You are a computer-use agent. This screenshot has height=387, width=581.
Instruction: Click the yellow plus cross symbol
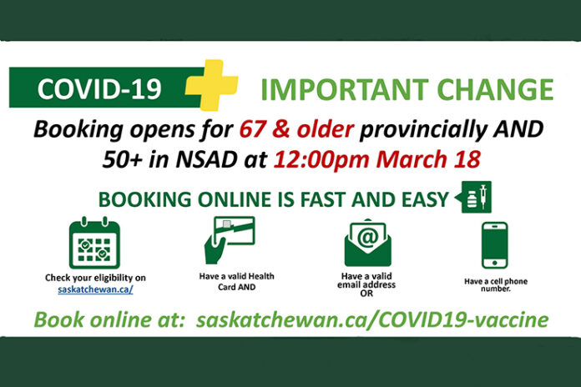click(x=212, y=85)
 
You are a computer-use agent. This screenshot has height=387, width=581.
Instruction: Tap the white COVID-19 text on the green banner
click(x=99, y=89)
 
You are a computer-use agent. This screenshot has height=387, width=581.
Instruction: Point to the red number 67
click(x=253, y=129)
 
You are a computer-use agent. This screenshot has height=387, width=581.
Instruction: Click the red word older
click(x=325, y=129)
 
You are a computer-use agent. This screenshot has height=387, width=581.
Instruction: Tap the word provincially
click(x=422, y=130)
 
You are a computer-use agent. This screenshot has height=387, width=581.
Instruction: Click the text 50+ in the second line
click(x=123, y=159)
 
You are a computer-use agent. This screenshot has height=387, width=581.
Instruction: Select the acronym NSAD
click(x=206, y=159)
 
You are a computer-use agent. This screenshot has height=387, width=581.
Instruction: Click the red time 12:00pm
click(x=321, y=160)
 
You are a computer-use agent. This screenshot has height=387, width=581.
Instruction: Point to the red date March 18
click(x=428, y=159)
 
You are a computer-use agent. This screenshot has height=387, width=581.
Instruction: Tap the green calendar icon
click(x=94, y=243)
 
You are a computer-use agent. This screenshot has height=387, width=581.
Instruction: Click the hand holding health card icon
click(x=230, y=240)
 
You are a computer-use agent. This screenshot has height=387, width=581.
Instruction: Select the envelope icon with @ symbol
click(x=367, y=243)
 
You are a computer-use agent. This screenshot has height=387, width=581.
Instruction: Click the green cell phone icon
click(x=495, y=245)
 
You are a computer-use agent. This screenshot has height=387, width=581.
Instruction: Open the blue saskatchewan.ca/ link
click(x=95, y=289)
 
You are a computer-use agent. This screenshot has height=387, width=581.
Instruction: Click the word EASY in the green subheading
click(x=426, y=199)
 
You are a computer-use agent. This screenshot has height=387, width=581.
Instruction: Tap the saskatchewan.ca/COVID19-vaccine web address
click(x=372, y=320)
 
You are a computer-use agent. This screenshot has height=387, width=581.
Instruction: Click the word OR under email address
click(x=366, y=294)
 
